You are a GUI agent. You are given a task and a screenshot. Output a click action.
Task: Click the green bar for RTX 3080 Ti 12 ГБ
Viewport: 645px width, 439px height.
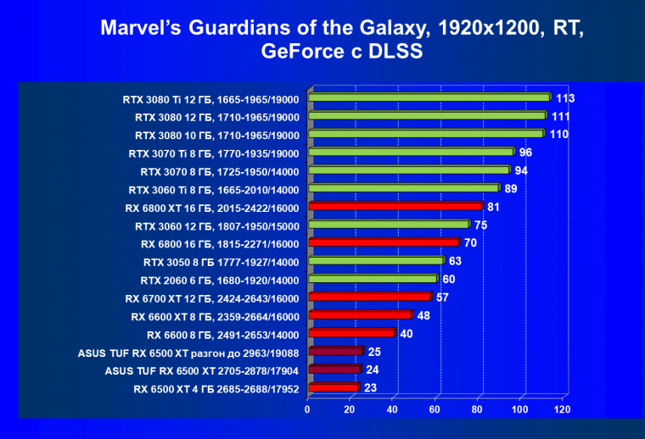pos(429,97)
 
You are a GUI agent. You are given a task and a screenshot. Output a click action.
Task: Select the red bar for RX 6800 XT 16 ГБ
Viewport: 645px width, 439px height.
pos(395,206)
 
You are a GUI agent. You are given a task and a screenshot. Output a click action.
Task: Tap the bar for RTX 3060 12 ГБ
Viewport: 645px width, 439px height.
pos(389,225)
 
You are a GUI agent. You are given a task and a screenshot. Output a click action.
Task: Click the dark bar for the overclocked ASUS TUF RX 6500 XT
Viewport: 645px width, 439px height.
pos(336,351)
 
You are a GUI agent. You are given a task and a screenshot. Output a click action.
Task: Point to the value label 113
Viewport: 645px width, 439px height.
pos(565,97)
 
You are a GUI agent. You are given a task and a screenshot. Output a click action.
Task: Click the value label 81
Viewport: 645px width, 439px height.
pos(496,206)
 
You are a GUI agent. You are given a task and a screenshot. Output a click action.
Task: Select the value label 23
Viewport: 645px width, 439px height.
pos(372,388)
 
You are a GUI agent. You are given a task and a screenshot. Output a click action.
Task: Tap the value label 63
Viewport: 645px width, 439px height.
pos(456,260)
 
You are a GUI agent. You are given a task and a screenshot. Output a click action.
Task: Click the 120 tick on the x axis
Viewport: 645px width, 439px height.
pos(561,409)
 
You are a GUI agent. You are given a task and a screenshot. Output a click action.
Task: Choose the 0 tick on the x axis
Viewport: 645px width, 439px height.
pos(308,409)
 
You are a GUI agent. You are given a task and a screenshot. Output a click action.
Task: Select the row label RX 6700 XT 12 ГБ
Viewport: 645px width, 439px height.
pos(211,297)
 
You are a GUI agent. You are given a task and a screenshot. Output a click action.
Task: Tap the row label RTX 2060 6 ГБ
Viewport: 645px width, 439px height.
pos(219,280)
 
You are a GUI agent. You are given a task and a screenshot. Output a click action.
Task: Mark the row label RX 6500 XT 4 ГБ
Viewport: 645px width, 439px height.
pos(216,389)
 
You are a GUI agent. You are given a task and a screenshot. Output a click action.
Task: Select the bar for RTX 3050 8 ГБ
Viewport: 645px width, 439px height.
pos(376,260)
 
